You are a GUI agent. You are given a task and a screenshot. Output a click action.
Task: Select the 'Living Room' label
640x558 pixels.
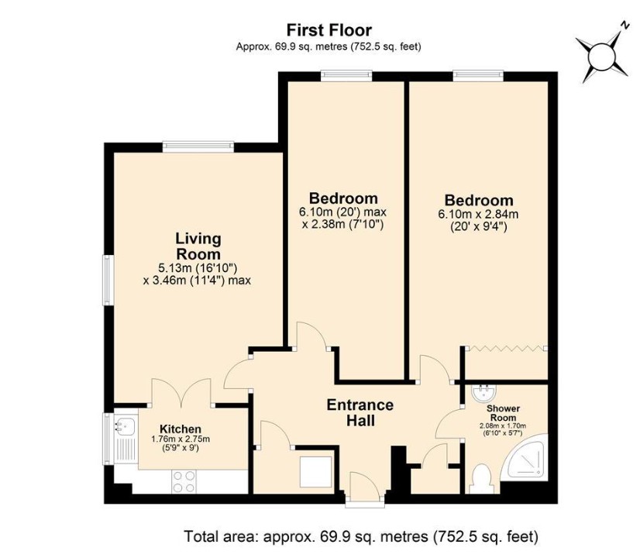198,246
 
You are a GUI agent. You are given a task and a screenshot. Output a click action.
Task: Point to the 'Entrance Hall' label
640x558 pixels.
360,412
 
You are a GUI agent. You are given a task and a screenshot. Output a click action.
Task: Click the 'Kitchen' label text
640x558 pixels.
181,429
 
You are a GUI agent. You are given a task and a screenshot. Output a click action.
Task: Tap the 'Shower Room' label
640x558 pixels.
503,412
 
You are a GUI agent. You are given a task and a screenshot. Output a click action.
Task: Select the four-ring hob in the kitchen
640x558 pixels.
184,481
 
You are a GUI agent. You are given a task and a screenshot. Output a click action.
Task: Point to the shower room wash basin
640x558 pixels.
484,392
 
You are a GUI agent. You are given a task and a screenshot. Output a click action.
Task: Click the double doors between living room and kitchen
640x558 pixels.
181,392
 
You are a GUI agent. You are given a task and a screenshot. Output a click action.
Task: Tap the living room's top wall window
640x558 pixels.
198,144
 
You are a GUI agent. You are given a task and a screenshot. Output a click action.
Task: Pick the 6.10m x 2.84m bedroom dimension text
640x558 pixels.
478,214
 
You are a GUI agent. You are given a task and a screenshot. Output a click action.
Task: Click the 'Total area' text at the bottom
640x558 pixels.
360,536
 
